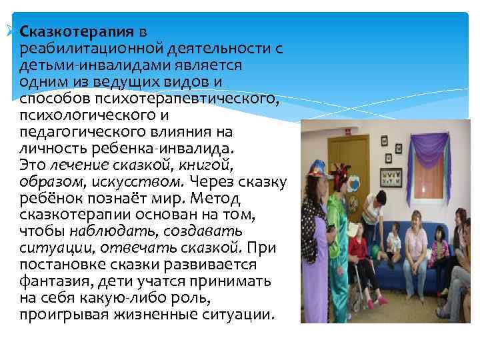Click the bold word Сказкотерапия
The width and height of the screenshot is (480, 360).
77,32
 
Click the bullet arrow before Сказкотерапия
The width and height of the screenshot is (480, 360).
9,29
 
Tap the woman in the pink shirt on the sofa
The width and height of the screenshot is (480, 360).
417,240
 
